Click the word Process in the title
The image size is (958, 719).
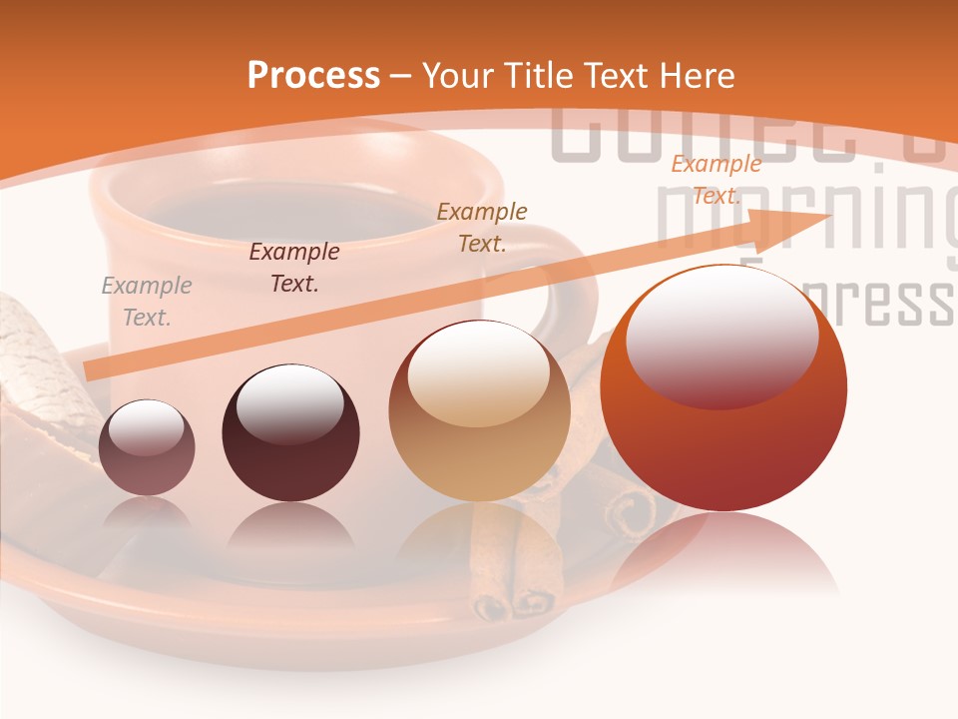(x=313, y=75)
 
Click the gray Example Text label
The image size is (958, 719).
(x=146, y=302)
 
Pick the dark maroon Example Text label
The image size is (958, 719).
(x=293, y=268)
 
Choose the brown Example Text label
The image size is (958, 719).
(x=482, y=227)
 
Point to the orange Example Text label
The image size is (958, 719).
(x=716, y=180)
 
